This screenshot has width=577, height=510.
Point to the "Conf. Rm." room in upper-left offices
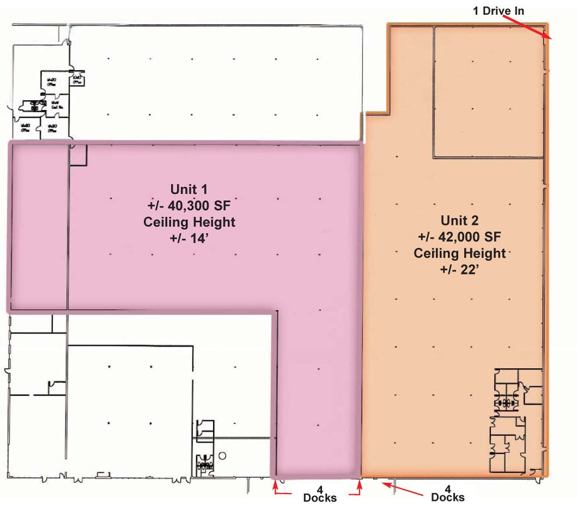(x=56, y=104)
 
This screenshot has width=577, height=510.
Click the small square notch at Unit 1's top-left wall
(x=78, y=155)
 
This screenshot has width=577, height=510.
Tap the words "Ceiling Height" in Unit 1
(x=189, y=222)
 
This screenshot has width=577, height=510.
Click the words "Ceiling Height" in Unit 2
(x=460, y=253)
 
